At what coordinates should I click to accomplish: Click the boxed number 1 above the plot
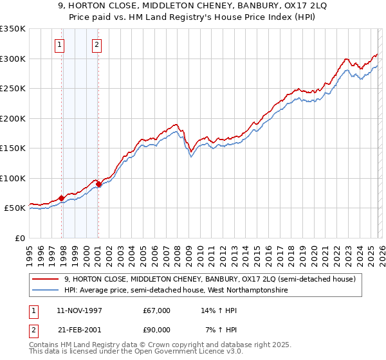click(x=59, y=45)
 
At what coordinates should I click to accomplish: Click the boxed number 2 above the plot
click(x=96, y=45)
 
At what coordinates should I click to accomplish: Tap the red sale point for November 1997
click(x=62, y=198)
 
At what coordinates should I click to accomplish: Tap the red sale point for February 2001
click(x=98, y=184)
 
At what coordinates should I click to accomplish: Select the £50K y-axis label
click(x=14, y=208)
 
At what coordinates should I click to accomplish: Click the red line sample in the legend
click(x=46, y=279)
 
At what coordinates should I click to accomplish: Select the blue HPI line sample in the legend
click(x=46, y=291)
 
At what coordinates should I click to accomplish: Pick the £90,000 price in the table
click(x=157, y=330)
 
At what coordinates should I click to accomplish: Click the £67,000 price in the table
click(x=157, y=310)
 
